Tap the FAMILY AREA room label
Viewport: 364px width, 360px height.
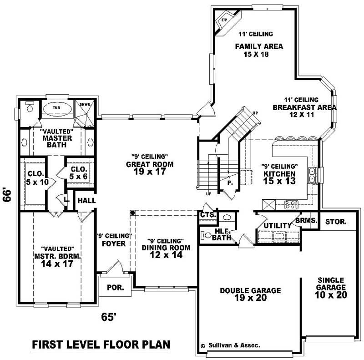pos(259,46)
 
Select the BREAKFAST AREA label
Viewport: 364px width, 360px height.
pos(304,108)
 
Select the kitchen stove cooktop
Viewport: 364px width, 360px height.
pos(291,205)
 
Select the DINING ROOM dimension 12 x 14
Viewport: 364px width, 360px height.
pos(162,255)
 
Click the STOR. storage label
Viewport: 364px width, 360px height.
pos(336,222)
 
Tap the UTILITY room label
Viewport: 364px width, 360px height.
pos(277,225)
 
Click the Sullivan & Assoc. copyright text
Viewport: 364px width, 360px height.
pos(230,345)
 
